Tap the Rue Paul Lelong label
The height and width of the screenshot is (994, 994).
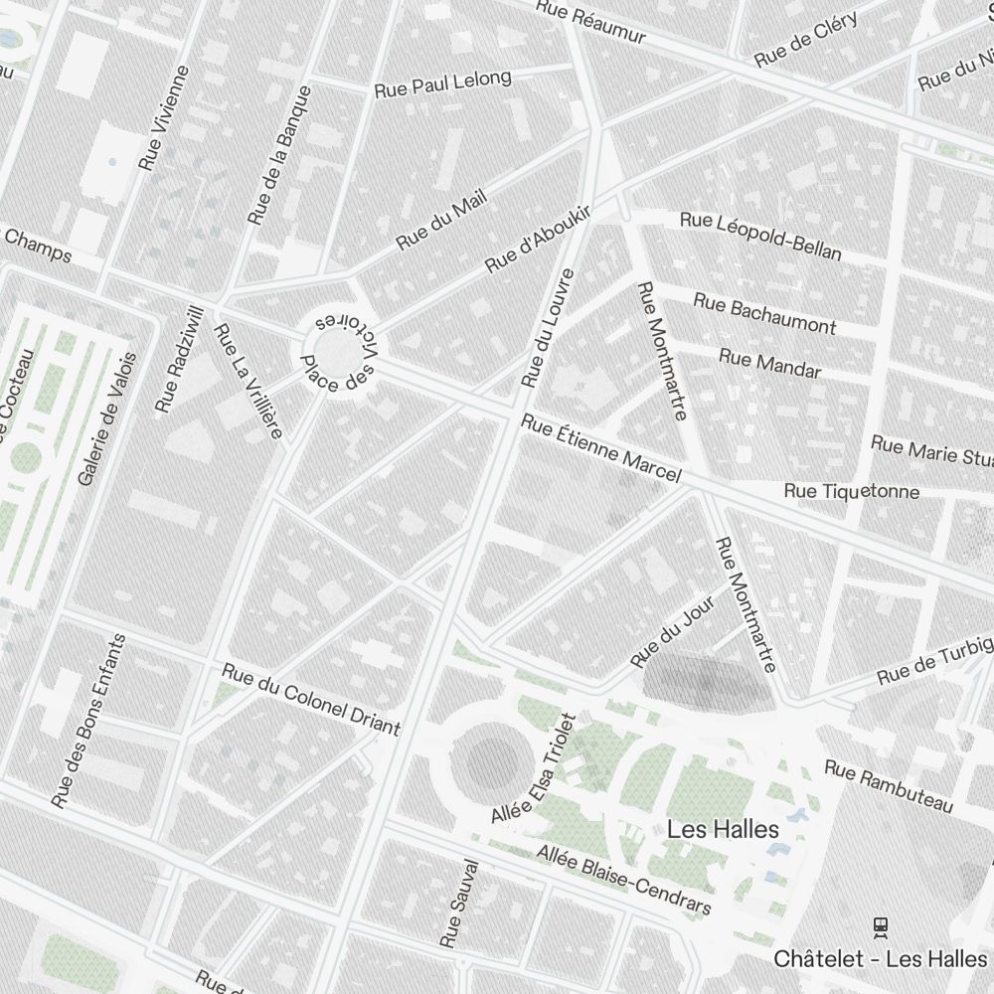coord(442,83)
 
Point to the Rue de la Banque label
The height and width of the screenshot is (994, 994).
coord(281,154)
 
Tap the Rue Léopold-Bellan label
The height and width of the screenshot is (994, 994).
coord(760,236)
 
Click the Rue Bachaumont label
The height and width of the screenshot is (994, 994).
coord(764,313)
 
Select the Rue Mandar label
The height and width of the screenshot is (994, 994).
coord(769,364)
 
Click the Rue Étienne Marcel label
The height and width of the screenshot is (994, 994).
coord(600,449)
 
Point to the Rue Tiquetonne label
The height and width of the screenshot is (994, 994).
coord(851,491)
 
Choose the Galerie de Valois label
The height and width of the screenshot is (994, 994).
coord(106,418)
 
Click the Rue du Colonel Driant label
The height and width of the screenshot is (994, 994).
coord(310,699)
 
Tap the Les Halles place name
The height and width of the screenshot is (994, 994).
coord(723,828)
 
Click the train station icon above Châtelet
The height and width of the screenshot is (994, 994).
coord(880,927)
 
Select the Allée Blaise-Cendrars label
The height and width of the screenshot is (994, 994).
coord(624,881)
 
